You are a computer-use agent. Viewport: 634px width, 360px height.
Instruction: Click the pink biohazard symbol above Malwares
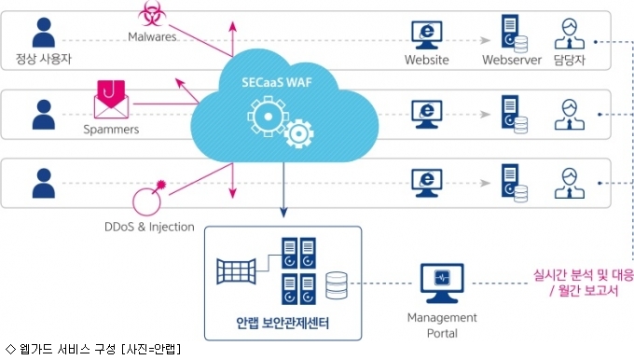[152, 13]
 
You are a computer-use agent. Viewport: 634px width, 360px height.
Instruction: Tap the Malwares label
[152, 36]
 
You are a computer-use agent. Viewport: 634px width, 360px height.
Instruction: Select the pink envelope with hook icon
[111, 99]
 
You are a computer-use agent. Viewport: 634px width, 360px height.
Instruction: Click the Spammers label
[111, 130]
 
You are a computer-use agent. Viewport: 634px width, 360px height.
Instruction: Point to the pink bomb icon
[148, 199]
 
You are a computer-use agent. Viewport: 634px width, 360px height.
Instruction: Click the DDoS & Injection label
[149, 227]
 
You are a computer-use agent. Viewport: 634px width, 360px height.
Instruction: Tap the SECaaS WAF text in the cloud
[277, 82]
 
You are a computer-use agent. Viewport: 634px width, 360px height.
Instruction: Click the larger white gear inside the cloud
[268, 117]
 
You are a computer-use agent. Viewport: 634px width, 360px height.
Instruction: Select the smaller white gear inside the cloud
[298, 133]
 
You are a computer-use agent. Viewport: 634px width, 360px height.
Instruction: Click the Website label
[427, 60]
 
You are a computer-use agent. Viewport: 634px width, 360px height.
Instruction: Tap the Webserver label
[512, 60]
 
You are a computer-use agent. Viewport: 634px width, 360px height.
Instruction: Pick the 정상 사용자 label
[43, 59]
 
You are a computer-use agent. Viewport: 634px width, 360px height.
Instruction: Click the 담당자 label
[570, 60]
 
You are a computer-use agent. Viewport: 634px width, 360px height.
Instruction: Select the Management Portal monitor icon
[442, 284]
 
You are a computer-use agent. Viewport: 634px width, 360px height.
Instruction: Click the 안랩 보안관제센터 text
[283, 323]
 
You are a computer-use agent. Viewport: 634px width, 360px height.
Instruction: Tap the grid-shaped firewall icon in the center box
[236, 271]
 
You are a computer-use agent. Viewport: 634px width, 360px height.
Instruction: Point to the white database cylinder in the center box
[337, 285]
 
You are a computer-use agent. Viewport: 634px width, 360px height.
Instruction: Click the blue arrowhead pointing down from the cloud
[283, 213]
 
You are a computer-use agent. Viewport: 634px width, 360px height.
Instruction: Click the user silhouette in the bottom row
[44, 183]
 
